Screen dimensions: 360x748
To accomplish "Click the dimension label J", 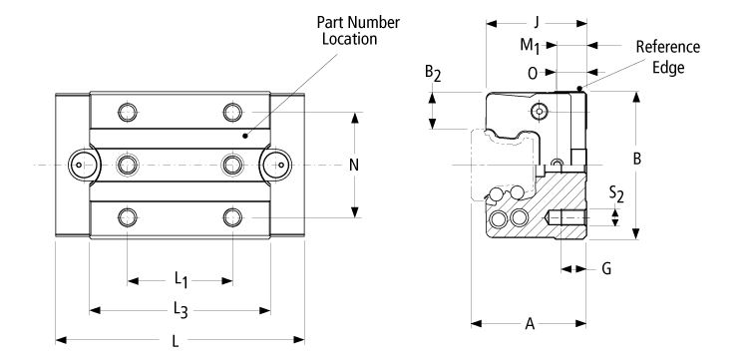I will tap(536, 20).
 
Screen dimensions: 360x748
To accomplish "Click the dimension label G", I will tap(605, 268).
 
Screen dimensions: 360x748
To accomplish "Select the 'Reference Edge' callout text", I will tap(668, 57).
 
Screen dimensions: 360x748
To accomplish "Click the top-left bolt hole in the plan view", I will tap(127, 110).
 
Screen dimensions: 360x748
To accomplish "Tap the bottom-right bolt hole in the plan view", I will tap(232, 216).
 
